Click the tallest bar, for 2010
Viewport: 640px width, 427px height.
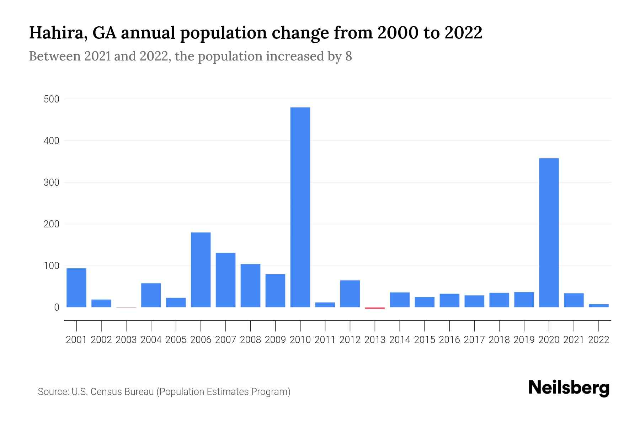[x=300, y=207]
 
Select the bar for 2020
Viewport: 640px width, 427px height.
[x=549, y=233]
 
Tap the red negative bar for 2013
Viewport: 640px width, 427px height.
[x=375, y=308]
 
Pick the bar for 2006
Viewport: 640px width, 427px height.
[x=201, y=270]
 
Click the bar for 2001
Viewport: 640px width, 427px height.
[x=76, y=288]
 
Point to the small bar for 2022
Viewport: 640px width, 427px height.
[x=598, y=306]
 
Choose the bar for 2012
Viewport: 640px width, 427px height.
[x=350, y=294]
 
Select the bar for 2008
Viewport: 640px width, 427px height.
[x=250, y=285]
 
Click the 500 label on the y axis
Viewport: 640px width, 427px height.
[x=51, y=99]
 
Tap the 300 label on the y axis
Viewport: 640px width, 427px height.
[x=51, y=183]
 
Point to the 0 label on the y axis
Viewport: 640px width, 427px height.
[x=57, y=307]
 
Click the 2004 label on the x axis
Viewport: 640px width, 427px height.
[x=151, y=340]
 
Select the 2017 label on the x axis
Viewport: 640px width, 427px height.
[x=474, y=340]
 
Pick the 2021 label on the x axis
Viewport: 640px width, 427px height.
[x=574, y=340]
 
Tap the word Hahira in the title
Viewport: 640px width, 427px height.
[x=56, y=33]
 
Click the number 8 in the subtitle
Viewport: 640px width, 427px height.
[x=348, y=56]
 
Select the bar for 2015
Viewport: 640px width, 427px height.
[x=425, y=302]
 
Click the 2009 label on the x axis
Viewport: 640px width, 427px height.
[x=275, y=340]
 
